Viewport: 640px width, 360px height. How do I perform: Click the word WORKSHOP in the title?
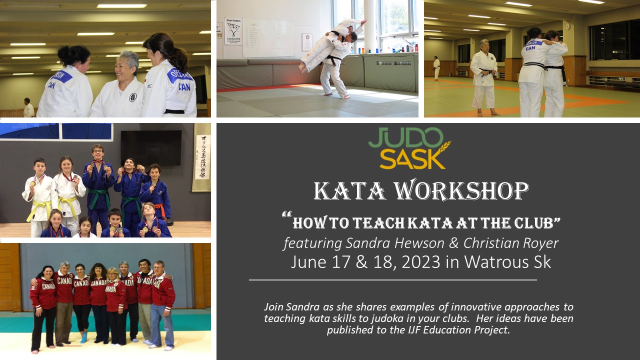tap(461, 191)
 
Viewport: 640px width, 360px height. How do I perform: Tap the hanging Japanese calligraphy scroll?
tap(202, 157)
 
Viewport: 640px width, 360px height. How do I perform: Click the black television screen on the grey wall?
tap(151, 148)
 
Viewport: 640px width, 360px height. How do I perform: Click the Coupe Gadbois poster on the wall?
tap(233, 31)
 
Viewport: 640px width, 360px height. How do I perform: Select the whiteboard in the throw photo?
tap(268, 38)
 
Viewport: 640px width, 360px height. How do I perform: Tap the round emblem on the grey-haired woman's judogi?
tap(133, 97)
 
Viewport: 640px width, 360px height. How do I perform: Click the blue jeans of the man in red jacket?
tap(162, 325)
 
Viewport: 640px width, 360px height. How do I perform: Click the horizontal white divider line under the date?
tap(393, 280)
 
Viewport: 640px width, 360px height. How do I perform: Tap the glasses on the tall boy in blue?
tap(97, 151)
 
